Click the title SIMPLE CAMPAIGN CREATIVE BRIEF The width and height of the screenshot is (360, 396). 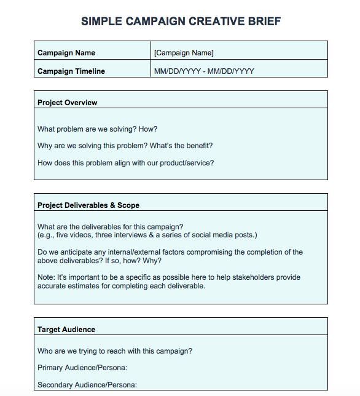181,22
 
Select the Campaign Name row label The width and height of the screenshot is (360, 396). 66,53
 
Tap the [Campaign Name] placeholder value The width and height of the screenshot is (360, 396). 184,53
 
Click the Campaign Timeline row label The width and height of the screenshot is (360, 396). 71,71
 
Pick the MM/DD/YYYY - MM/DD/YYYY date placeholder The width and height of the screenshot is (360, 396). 204,71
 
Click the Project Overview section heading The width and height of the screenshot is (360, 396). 68,103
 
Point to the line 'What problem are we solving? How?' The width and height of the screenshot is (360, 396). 98,129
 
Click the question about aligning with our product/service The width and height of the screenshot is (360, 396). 126,163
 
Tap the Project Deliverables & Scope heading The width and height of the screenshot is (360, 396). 88,205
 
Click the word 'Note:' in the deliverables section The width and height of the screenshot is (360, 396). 46,277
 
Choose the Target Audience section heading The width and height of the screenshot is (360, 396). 66,330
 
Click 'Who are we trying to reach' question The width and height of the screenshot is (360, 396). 115,351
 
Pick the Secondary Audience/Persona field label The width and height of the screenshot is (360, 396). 87,385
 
